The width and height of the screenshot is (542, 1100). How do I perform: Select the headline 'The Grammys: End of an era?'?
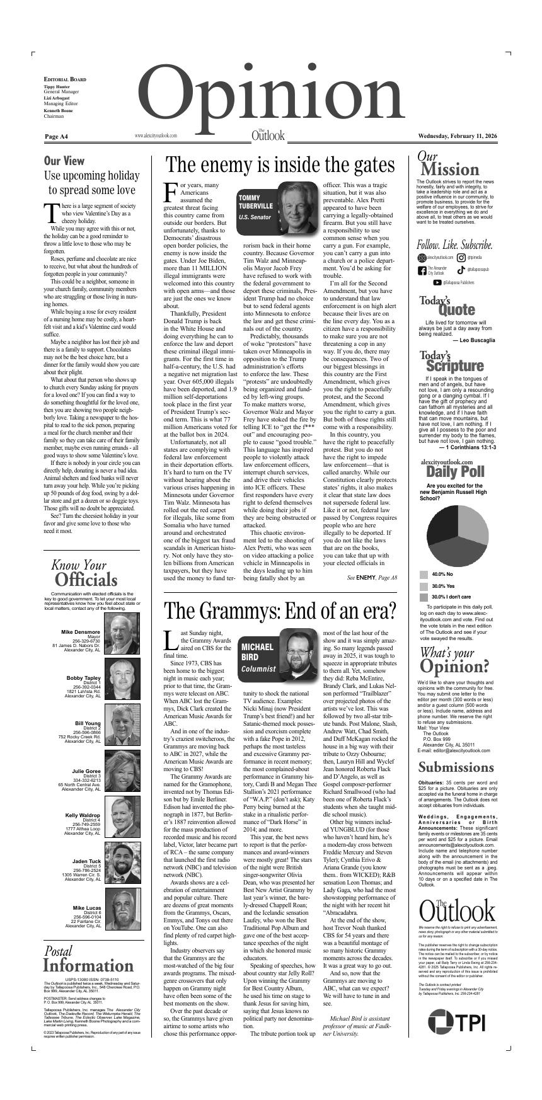280,610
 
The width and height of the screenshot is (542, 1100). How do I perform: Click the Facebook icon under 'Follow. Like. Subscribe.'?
422,271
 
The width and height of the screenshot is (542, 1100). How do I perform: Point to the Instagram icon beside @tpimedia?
461,257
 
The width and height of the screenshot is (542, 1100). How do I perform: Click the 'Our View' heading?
64,161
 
